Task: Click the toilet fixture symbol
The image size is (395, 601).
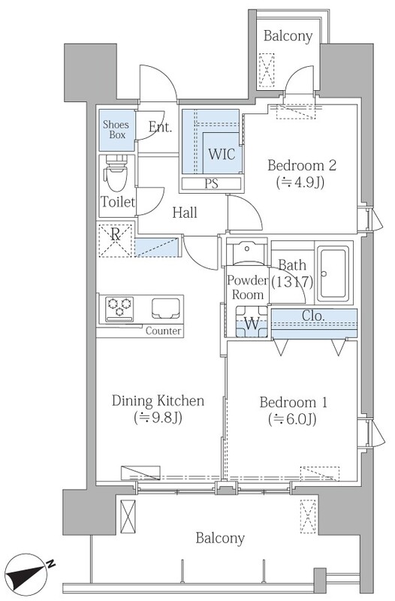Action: click(x=116, y=173)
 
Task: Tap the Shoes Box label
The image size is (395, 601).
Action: click(x=116, y=129)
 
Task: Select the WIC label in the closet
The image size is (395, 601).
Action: click(x=222, y=154)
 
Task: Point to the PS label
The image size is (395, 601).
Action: click(x=211, y=184)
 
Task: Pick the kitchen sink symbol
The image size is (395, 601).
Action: click(x=166, y=308)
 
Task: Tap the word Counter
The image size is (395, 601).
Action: click(x=163, y=331)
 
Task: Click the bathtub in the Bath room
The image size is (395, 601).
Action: click(x=333, y=274)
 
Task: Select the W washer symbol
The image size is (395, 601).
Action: click(x=252, y=322)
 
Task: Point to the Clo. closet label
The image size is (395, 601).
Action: click(x=313, y=316)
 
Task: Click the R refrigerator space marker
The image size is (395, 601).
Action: click(x=116, y=240)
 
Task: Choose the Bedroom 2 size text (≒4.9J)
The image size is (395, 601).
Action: click(x=300, y=183)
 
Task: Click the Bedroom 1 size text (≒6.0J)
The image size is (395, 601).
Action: click(x=292, y=419)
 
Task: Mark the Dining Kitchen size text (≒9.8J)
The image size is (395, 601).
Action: click(x=158, y=418)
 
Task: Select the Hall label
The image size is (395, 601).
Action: click(x=185, y=213)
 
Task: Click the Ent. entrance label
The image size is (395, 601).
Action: click(x=160, y=126)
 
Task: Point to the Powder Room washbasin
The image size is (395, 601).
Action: click(x=247, y=252)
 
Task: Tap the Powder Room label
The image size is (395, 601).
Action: click(x=248, y=288)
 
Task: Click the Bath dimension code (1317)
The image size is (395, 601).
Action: click(x=292, y=282)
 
